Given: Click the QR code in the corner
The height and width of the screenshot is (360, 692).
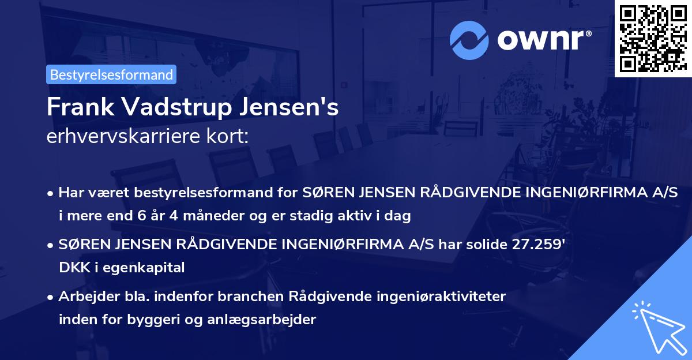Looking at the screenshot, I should (653, 39).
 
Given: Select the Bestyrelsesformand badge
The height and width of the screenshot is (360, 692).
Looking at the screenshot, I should (111, 74).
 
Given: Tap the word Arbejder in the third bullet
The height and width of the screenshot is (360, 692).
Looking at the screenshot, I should (84, 297).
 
